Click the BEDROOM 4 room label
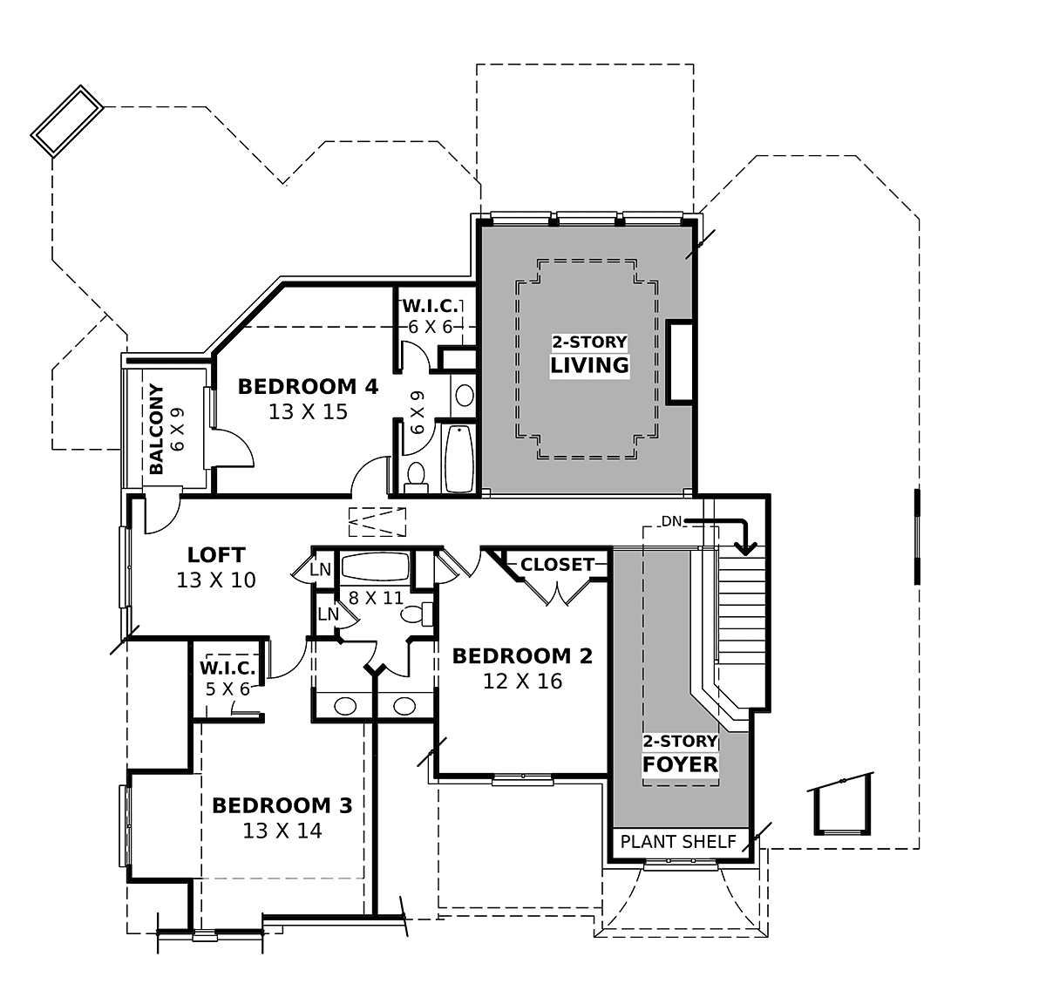(x=308, y=386)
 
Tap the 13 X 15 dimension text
(x=308, y=412)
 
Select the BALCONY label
(x=156, y=429)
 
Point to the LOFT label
(x=216, y=554)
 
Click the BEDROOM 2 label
(x=522, y=655)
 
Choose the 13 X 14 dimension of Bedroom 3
(x=282, y=831)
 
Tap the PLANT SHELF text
(x=678, y=842)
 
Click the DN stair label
(x=671, y=521)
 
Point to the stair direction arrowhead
(x=745, y=549)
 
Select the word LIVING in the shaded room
(x=589, y=365)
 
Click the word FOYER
(x=680, y=764)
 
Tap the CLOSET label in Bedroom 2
(x=557, y=565)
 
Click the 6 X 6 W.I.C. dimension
(x=431, y=327)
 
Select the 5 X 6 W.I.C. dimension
(x=228, y=689)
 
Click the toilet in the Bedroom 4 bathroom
(x=416, y=478)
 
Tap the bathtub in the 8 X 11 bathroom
(x=375, y=566)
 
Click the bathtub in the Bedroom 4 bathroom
(x=459, y=458)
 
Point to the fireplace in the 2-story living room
(x=679, y=362)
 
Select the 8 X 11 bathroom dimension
(x=376, y=598)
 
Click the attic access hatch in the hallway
(x=377, y=522)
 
